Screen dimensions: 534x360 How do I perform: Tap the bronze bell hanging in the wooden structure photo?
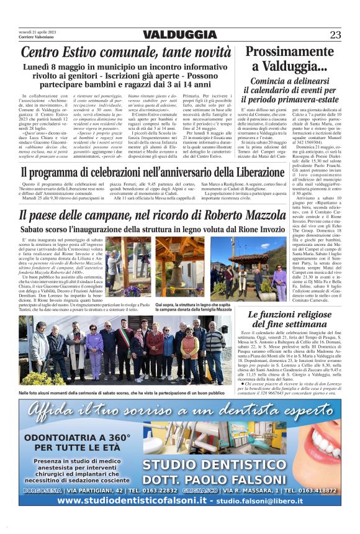click(x=179, y=275)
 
